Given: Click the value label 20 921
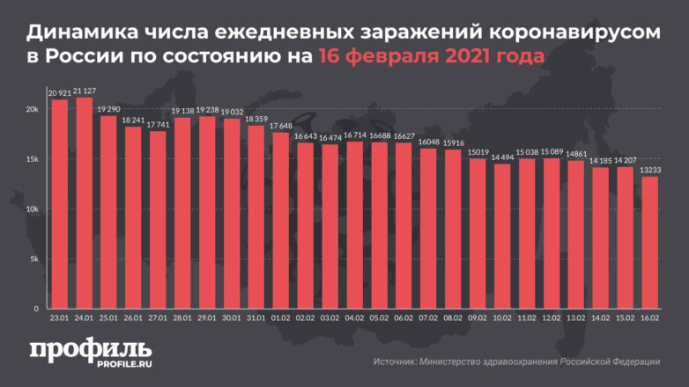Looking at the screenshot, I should [60, 93].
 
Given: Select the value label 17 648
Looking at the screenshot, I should [279, 127].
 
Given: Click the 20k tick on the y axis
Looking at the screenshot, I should [32, 109].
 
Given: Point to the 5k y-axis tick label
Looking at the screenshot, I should [33, 259].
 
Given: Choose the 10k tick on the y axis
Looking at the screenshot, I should [32, 209].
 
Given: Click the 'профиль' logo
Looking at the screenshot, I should [89, 348].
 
